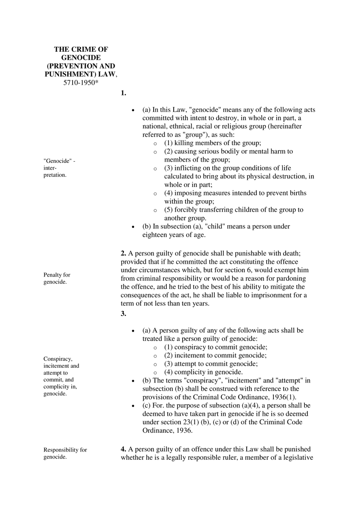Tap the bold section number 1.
point(124,93)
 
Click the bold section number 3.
point(124,313)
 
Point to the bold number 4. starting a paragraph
point(124,449)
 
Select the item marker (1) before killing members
point(169,143)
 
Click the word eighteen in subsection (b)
point(155,235)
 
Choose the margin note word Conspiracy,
point(58,358)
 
